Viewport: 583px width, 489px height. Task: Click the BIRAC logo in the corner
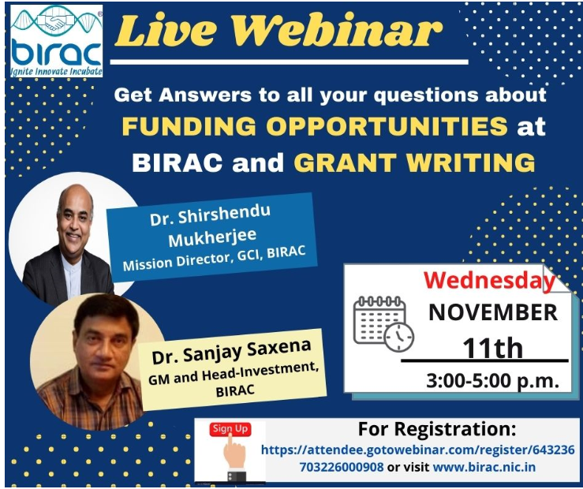point(57,41)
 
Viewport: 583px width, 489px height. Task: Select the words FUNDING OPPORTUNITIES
point(315,126)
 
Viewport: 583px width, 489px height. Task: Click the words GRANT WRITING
point(414,162)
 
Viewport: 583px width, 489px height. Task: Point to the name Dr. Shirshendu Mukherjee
point(211,226)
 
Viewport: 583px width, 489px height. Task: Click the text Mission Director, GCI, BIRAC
point(214,258)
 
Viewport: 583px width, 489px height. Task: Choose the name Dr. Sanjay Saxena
point(231,351)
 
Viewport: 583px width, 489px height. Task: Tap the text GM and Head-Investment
point(234,373)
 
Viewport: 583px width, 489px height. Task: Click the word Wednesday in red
point(489,281)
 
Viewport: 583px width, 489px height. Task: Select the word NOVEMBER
point(493,312)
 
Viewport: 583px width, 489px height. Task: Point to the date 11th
point(492,348)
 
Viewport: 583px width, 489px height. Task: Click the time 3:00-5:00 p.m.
point(492,381)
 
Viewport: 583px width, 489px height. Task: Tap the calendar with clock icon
point(383,323)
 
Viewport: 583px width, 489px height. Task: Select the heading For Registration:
point(437,429)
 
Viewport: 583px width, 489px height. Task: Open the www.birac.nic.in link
point(484,467)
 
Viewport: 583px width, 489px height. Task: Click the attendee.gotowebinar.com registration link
point(418,457)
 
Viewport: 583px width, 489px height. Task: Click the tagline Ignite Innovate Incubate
point(57,71)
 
